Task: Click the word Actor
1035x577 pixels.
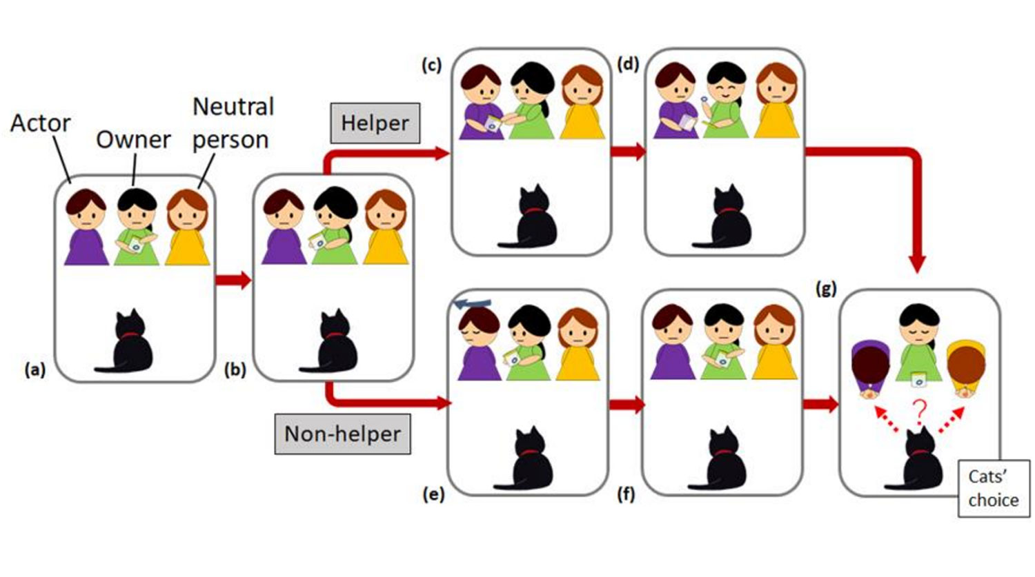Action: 40,123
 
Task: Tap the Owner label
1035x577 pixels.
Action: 133,140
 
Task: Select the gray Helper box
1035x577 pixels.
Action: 375,123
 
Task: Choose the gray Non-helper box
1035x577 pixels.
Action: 342,434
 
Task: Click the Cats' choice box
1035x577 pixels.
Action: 993,488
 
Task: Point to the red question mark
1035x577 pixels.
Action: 919,412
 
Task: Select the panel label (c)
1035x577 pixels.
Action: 431,65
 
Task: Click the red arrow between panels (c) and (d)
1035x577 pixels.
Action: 627,152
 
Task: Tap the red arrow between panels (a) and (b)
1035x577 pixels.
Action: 233,281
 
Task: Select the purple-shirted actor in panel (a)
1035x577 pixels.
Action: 86,227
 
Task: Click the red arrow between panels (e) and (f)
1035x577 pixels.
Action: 625,405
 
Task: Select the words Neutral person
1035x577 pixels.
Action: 231,123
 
